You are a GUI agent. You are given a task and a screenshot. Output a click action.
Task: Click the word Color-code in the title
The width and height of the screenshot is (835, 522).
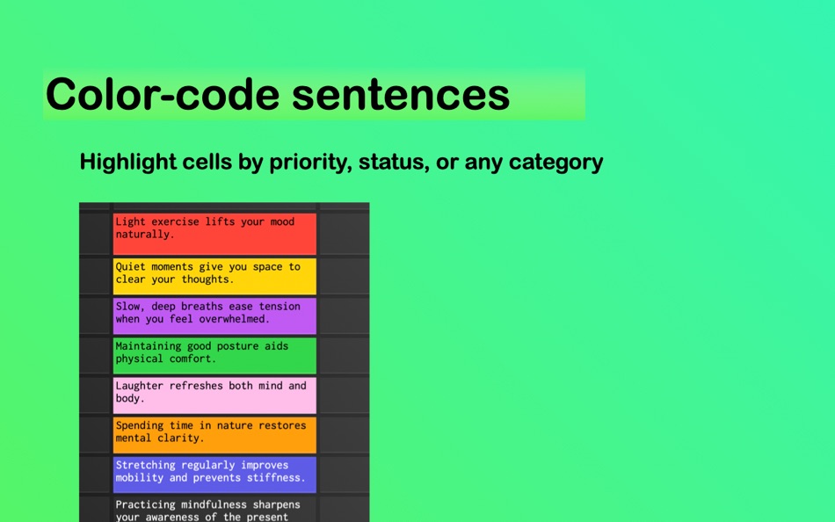(163, 94)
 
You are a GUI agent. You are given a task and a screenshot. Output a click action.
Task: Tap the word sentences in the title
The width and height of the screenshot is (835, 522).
(401, 94)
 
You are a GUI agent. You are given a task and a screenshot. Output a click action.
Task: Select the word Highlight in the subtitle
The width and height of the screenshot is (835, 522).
(127, 162)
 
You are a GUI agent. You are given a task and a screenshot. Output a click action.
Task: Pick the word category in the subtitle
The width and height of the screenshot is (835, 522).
(556, 162)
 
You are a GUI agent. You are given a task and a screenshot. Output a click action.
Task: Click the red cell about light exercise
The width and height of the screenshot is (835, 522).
(214, 234)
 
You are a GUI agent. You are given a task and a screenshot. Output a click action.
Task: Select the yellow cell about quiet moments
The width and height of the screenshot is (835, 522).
(214, 277)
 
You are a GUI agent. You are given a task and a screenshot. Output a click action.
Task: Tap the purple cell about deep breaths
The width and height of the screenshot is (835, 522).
(214, 315)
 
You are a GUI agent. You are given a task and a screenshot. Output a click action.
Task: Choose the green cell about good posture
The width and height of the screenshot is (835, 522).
(214, 356)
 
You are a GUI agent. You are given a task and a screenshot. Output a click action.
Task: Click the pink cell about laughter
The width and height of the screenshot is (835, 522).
(214, 395)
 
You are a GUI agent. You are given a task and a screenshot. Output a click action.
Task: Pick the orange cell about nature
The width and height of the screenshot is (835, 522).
(214, 435)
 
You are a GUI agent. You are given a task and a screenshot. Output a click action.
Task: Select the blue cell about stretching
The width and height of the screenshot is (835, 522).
(214, 475)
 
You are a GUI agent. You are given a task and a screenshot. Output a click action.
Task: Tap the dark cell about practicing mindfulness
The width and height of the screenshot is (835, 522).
(214, 509)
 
